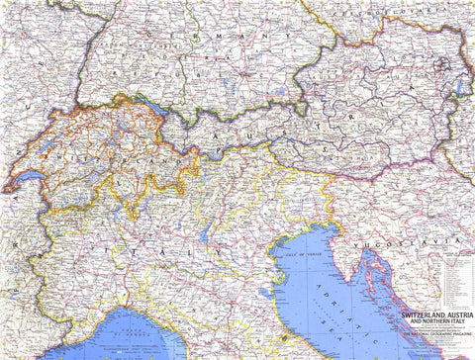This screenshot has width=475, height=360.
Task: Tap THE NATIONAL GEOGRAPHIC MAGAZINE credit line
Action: tap(426, 336)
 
